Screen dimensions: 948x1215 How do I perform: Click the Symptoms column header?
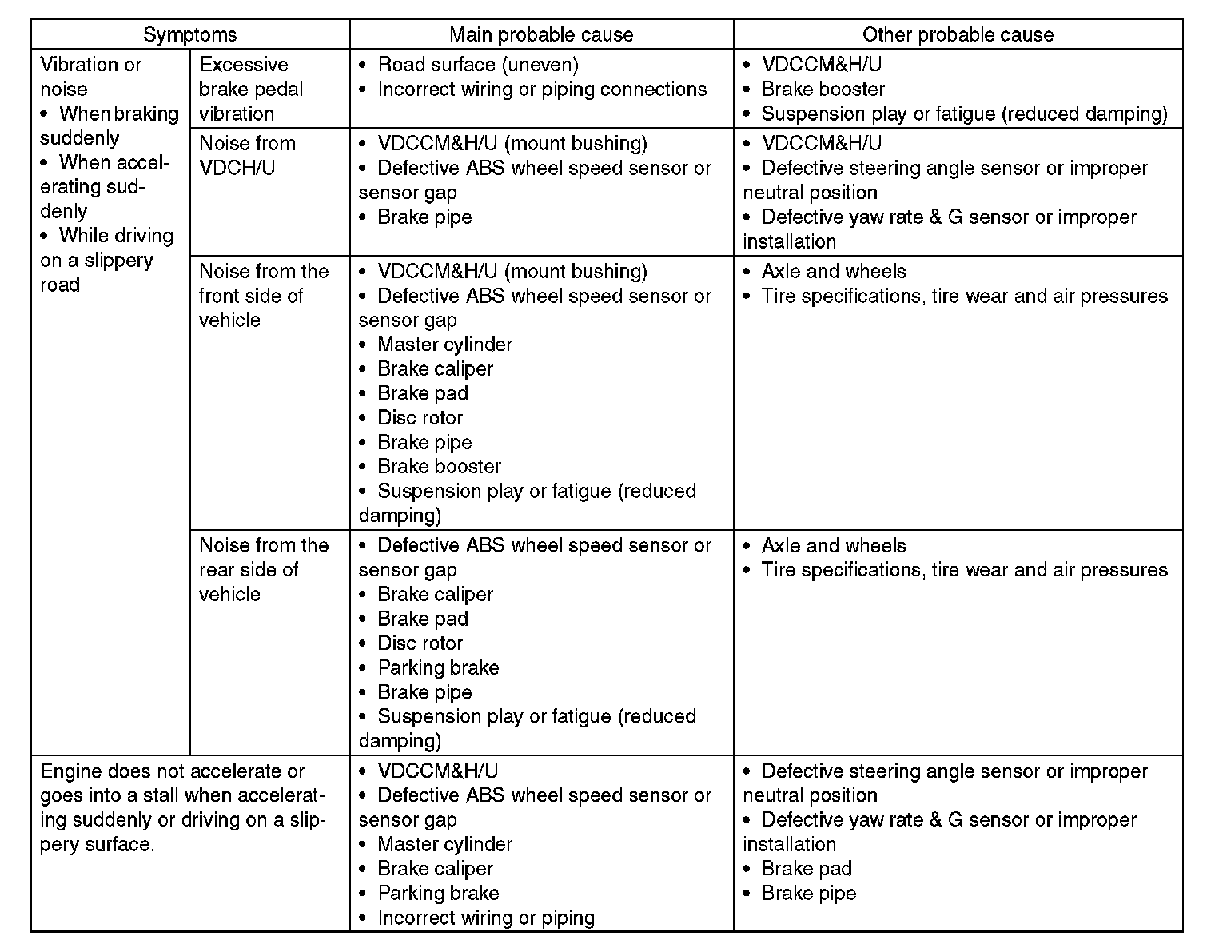point(190,34)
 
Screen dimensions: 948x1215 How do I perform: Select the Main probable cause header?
point(541,34)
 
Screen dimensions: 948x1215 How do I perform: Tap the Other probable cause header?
point(958,34)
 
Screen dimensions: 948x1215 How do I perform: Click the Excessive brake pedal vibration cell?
point(251,89)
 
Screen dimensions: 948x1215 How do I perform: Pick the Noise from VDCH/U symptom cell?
point(247,156)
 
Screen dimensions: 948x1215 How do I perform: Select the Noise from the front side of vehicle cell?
point(263,296)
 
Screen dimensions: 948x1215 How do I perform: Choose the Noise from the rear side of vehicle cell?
point(263,569)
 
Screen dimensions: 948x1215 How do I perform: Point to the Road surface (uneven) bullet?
point(477,65)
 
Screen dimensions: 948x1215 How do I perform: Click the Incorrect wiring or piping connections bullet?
point(542,90)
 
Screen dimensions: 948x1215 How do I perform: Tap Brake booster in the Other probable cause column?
point(823,90)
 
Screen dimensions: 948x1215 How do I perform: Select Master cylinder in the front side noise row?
point(444,345)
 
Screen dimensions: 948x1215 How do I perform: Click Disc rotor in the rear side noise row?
point(420,643)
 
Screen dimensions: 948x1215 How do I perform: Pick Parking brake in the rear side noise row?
point(438,668)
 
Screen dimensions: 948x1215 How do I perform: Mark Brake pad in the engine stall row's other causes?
point(806,869)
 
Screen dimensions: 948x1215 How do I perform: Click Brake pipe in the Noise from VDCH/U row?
point(424,217)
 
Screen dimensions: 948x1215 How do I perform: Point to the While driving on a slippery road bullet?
point(106,260)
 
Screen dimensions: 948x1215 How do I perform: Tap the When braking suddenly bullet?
point(110,125)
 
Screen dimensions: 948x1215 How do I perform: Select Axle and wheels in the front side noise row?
point(833,272)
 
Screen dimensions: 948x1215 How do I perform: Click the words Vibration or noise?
point(90,77)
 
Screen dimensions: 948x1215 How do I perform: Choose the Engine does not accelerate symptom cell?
point(183,807)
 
